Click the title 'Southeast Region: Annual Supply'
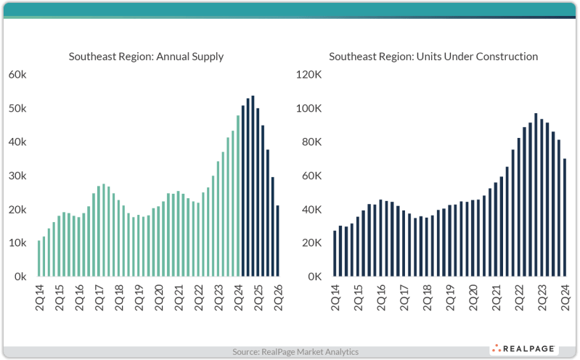click(x=146, y=56)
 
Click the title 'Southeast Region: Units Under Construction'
click(x=433, y=56)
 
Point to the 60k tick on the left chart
click(x=18, y=75)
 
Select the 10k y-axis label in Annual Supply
click(x=18, y=243)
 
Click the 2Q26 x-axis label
click(x=279, y=295)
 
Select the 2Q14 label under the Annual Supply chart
click(x=39, y=295)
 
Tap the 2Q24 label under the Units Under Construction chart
click(x=565, y=295)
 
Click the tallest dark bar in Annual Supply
click(x=253, y=186)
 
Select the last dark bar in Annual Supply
click(x=278, y=241)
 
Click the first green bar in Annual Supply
click(x=39, y=258)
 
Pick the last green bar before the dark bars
click(x=237, y=196)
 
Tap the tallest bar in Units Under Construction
click(x=536, y=195)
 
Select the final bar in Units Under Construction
click(x=565, y=218)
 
